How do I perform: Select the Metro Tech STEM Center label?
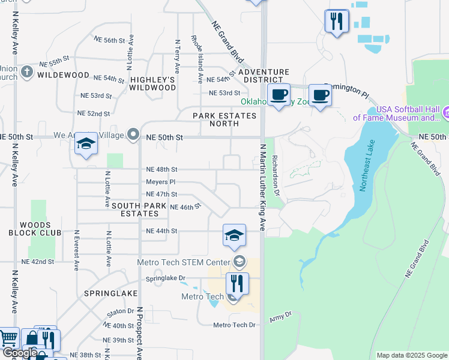(x=184, y=262)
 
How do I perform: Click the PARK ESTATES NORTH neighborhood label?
(x=215, y=119)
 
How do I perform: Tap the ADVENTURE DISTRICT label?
(x=260, y=76)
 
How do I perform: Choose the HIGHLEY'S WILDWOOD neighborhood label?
(x=153, y=83)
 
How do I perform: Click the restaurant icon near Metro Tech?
(x=238, y=284)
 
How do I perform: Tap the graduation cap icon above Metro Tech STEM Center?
(x=234, y=235)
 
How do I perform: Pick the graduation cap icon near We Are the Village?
(x=86, y=144)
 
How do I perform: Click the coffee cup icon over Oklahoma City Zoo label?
(x=279, y=95)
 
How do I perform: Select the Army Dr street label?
(x=280, y=316)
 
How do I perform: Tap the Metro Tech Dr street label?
(x=234, y=325)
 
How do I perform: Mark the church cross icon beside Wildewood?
(x=26, y=73)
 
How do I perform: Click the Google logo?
(x=20, y=353)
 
